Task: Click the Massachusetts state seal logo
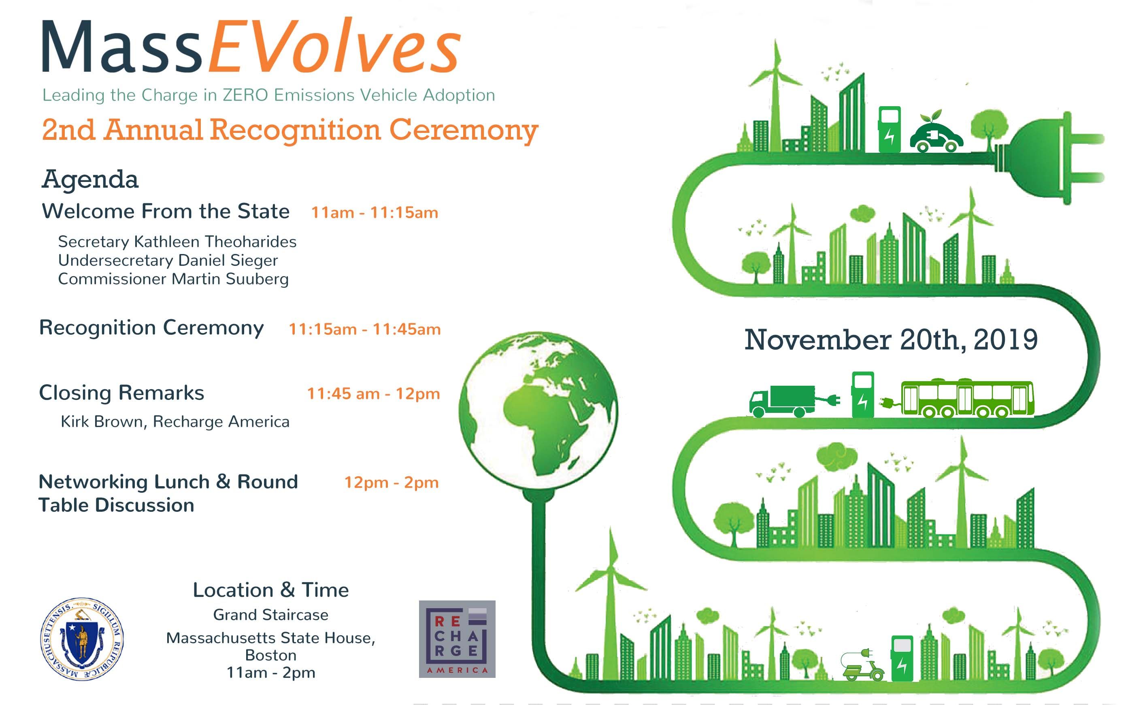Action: click(82, 638)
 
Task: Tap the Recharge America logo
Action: click(457, 639)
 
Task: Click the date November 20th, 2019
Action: click(891, 340)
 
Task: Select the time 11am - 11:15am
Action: click(375, 213)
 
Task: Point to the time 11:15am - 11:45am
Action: click(365, 329)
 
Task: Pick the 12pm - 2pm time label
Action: click(392, 483)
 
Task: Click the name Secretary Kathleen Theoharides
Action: click(177, 241)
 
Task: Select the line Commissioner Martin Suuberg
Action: click(173, 279)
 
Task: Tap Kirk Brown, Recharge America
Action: click(175, 422)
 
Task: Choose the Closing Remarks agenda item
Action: click(121, 393)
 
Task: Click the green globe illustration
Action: click(539, 410)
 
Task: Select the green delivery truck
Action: click(783, 401)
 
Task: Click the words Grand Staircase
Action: click(270, 615)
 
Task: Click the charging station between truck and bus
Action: click(863, 395)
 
